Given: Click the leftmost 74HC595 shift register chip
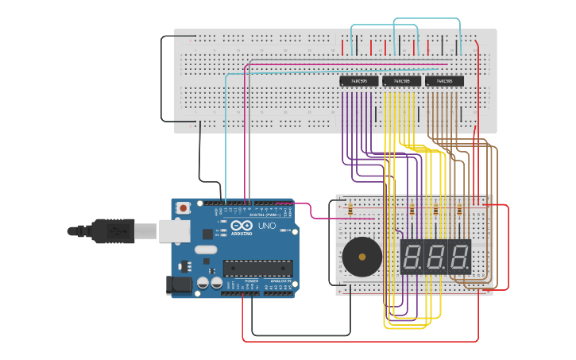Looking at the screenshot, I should (359, 81).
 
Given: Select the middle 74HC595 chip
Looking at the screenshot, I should (401, 81).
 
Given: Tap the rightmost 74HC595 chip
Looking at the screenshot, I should (444, 81).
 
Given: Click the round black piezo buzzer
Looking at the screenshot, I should (361, 257).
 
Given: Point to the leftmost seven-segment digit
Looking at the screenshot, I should (412, 257).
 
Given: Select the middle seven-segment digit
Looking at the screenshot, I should (435, 257).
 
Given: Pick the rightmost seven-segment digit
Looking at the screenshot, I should (459, 257).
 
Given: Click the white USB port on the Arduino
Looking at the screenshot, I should (174, 230).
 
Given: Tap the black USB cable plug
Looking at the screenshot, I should (111, 231).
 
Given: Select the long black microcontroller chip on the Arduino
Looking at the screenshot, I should (257, 268).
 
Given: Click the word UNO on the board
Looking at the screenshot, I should (266, 226).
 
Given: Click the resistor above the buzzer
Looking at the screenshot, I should (350, 210).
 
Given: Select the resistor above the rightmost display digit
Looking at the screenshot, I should (459, 210).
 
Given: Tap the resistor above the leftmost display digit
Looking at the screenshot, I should (412, 210).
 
